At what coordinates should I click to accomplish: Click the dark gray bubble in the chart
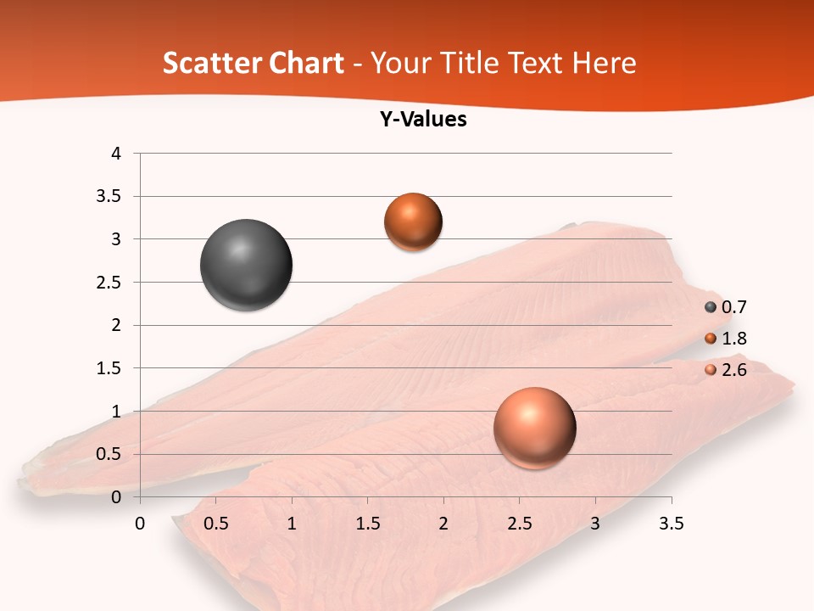pos(246,265)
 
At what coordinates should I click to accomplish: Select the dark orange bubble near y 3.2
pos(413,221)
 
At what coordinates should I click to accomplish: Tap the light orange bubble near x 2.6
pos(534,428)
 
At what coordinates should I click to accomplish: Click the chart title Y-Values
pos(422,119)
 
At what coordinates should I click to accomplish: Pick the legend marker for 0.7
pos(711,307)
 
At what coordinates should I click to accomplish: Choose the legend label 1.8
pos(733,339)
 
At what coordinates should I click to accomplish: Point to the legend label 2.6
pos(733,370)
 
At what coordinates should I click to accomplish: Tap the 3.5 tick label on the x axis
pos(671,524)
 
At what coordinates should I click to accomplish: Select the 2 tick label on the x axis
pos(443,524)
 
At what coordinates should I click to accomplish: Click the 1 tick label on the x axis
pos(292,524)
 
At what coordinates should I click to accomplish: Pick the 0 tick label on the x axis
pos(140,524)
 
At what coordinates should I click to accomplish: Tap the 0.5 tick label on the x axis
pos(216,524)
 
